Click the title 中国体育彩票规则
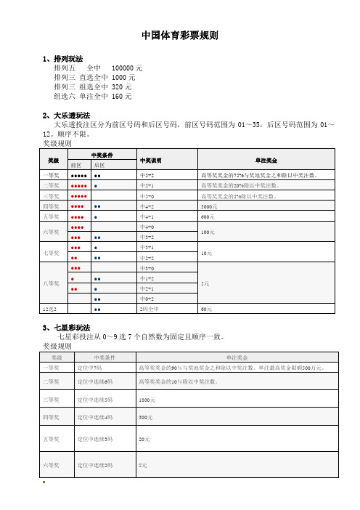tap(179, 36)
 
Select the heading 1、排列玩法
tap(63, 59)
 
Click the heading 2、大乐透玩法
tap(67, 116)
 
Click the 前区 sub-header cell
tap(76, 165)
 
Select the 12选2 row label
tap(52, 309)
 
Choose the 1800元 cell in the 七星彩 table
tap(146, 400)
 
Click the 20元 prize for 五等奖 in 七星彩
tap(144, 440)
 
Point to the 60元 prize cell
tap(206, 309)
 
